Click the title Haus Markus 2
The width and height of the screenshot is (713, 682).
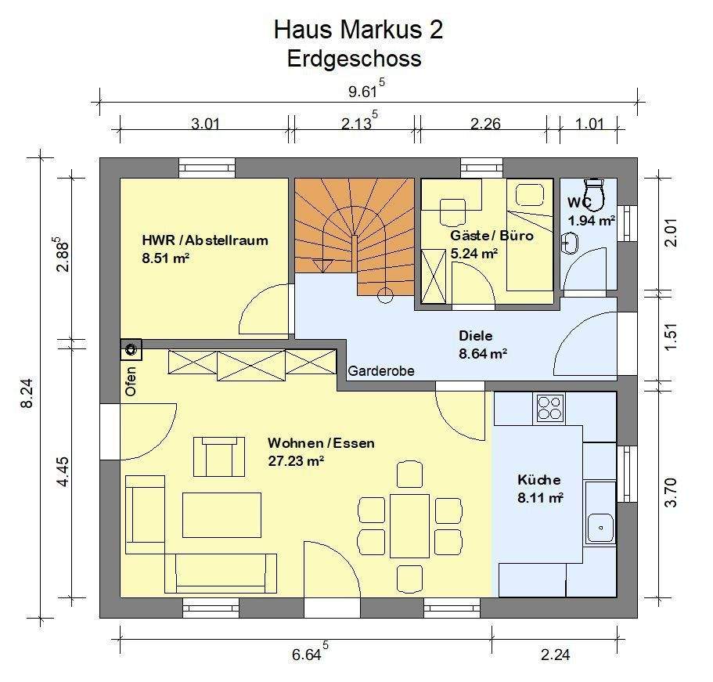[x=358, y=30]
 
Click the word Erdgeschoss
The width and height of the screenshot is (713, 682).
[x=354, y=59]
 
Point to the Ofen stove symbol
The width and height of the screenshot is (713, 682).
[x=130, y=348]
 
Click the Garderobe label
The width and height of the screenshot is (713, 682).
[x=381, y=371]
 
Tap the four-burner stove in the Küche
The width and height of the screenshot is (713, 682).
[x=550, y=407]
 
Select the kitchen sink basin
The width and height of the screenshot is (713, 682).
[x=601, y=526]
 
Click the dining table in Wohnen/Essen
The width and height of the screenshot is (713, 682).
[x=409, y=525]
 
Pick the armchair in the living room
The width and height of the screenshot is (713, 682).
[x=217, y=456]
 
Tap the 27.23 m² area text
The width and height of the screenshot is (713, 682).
[x=295, y=461]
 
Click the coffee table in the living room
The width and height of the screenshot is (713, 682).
[x=221, y=514]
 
